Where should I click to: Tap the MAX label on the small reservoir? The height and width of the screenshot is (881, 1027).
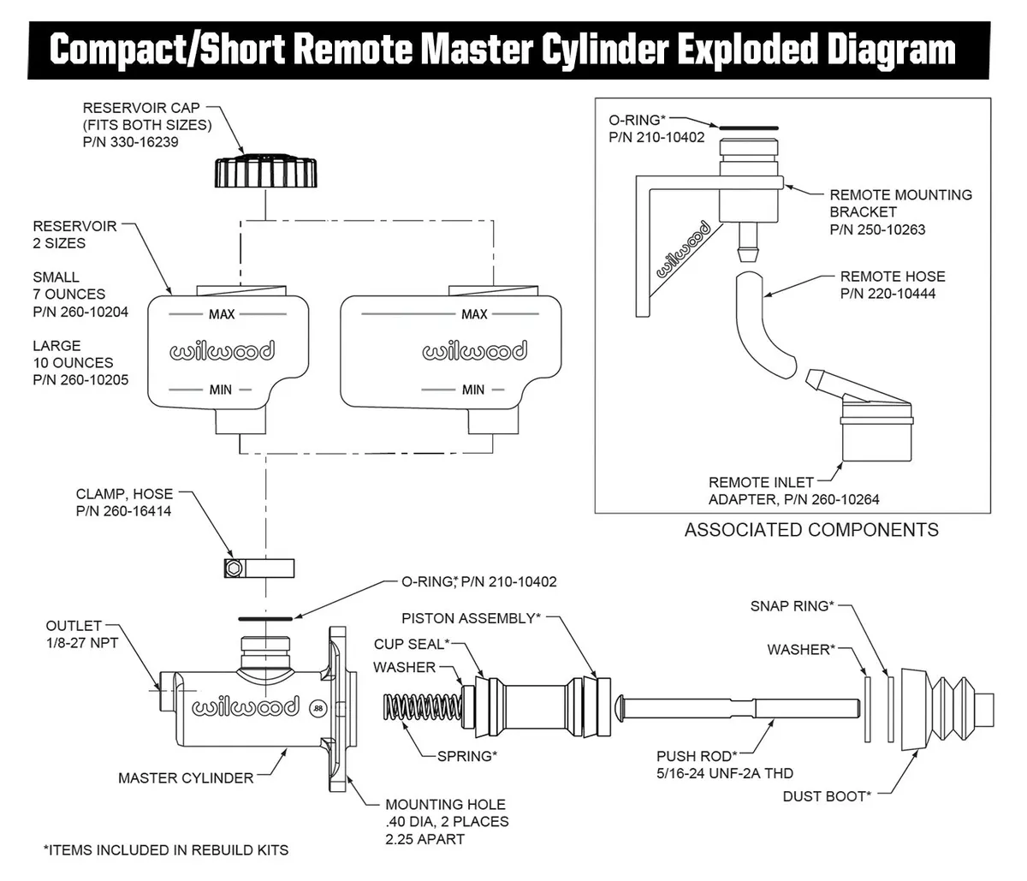click(x=222, y=314)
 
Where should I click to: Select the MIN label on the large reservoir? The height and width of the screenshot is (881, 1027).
click(x=473, y=390)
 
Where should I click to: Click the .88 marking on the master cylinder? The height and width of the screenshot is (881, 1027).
click(x=318, y=709)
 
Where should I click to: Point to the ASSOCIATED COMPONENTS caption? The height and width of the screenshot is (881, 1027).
click(x=810, y=530)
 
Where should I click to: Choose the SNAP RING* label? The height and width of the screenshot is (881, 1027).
click(x=791, y=606)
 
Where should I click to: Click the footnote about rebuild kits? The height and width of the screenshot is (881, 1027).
click(x=166, y=850)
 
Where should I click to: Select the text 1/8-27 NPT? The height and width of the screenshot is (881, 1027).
click(x=82, y=643)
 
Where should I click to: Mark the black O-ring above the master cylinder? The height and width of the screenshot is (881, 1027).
click(x=265, y=617)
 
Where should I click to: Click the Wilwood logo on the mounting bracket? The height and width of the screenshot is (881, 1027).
click(x=682, y=250)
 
